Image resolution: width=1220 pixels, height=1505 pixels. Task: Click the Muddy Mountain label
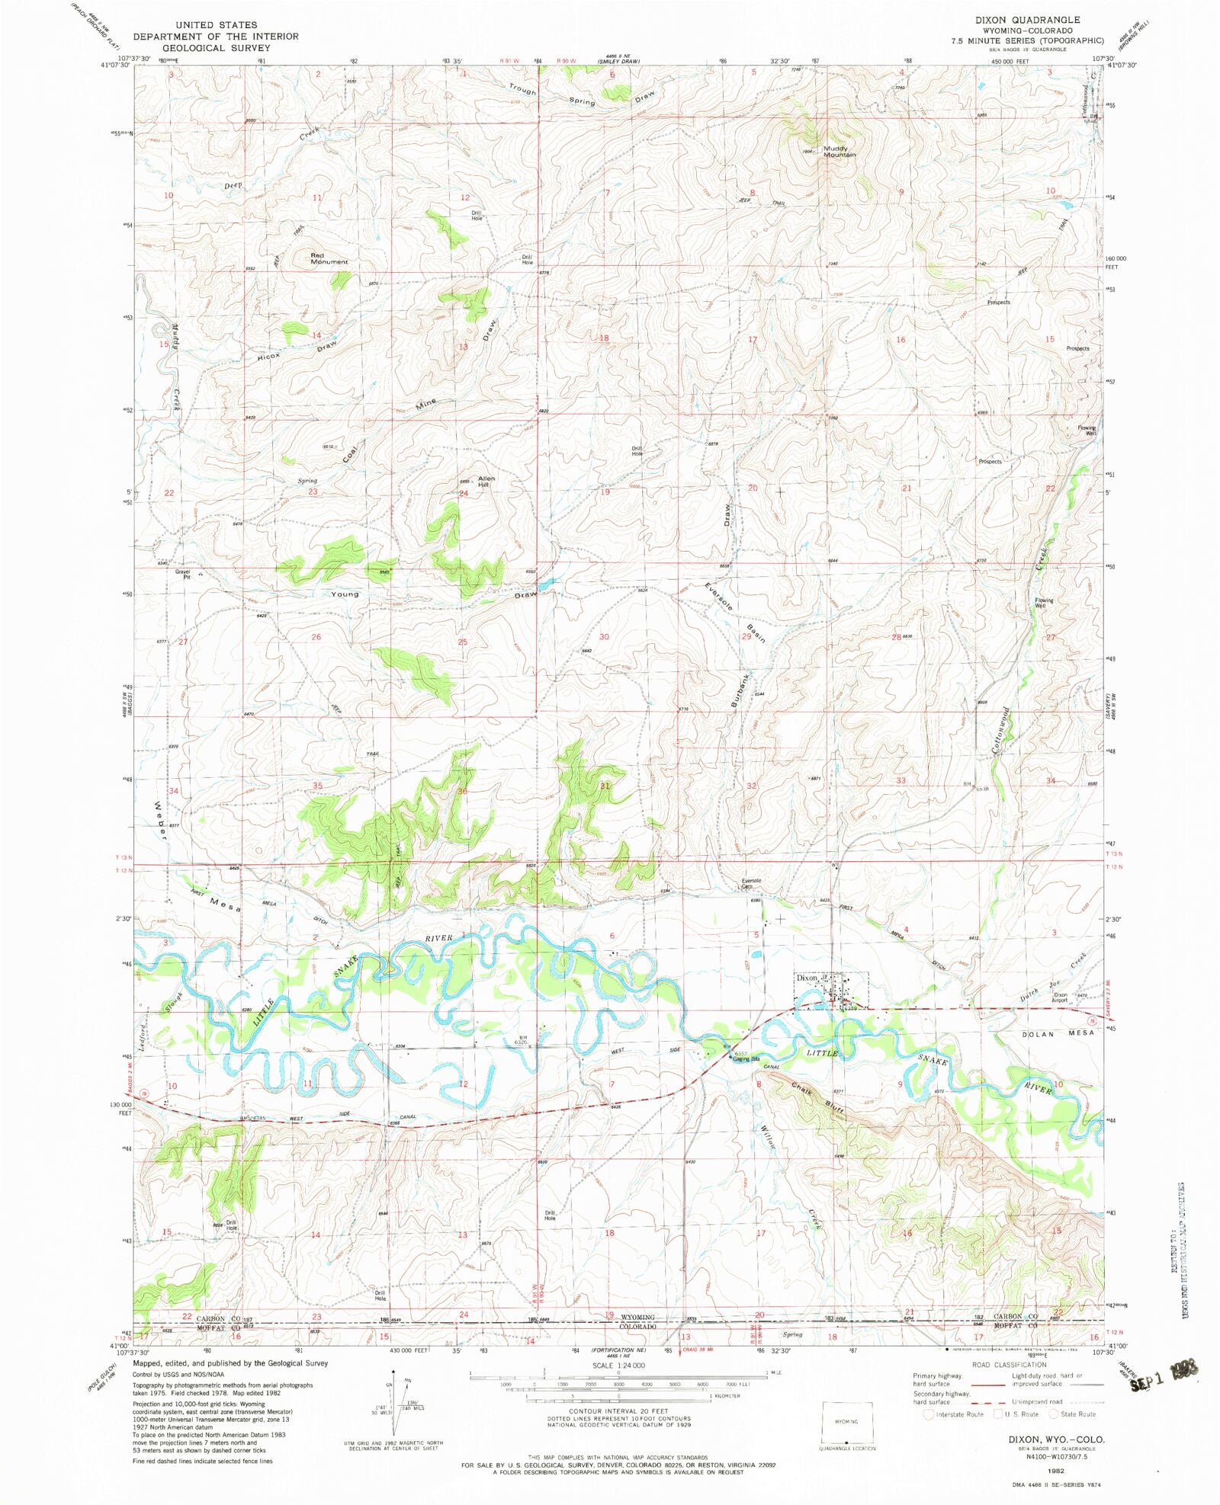(x=839, y=152)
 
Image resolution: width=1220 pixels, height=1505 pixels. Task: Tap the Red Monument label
(x=329, y=258)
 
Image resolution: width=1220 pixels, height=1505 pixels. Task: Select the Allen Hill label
(x=486, y=481)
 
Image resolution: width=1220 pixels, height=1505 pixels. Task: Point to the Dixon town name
(x=807, y=977)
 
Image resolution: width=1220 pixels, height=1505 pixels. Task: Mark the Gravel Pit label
(x=182, y=574)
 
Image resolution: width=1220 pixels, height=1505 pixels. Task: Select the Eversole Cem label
(x=752, y=883)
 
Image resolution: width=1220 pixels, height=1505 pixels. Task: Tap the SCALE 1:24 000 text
(x=608, y=1365)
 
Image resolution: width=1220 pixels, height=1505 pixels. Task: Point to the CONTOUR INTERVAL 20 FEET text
(x=608, y=1411)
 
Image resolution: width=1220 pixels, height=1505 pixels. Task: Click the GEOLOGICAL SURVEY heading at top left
(x=216, y=47)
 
